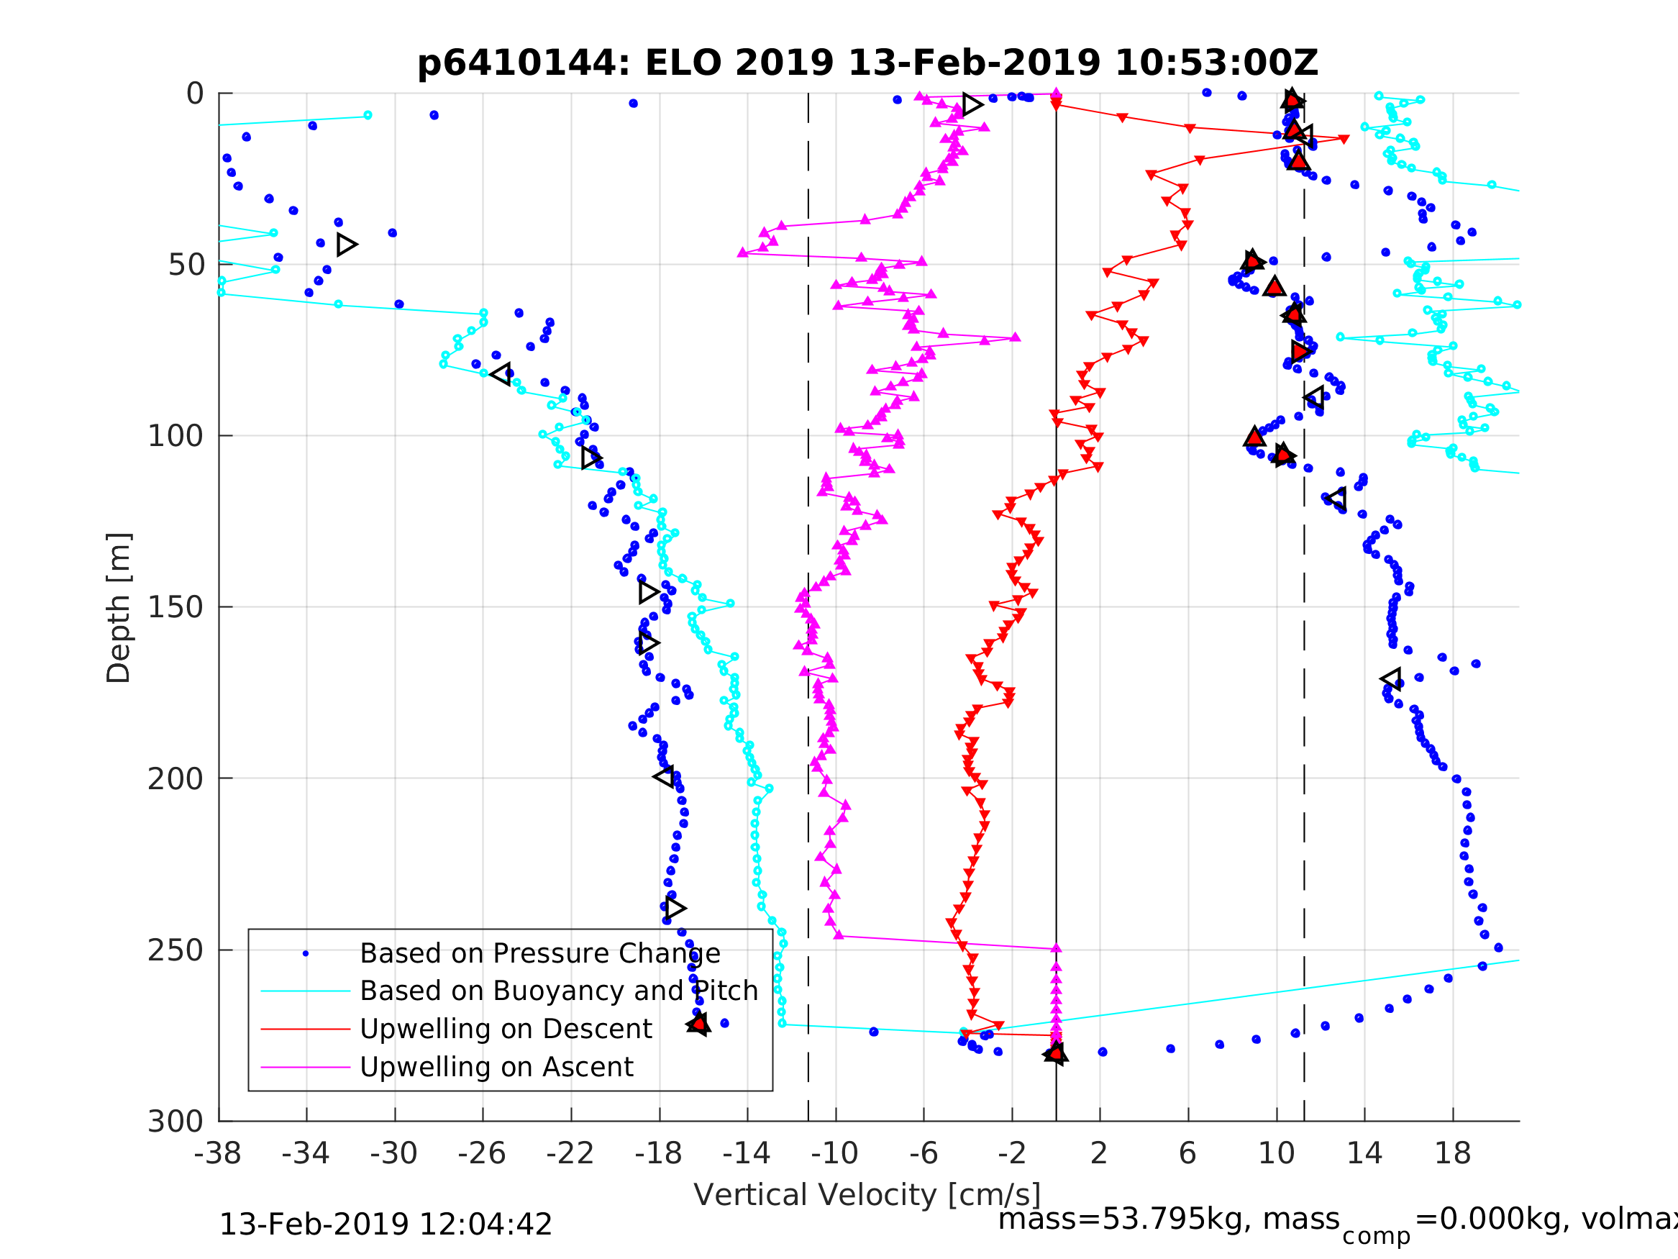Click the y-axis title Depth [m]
[x=119, y=607]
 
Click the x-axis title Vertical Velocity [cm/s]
[x=867, y=1194]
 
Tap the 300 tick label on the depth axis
[x=175, y=1122]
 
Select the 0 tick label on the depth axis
[x=195, y=94]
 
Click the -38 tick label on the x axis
[x=218, y=1153]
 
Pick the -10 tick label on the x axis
[x=834, y=1153]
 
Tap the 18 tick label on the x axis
[x=1452, y=1153]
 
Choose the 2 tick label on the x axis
[x=1099, y=1153]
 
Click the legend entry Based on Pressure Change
[x=539, y=953]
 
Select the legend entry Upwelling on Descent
[x=505, y=1029]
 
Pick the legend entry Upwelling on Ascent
[x=496, y=1067]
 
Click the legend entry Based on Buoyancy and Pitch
[x=558, y=991]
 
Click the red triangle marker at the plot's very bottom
[x=1055, y=1053]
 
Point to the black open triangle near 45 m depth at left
[x=347, y=245]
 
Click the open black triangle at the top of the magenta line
[x=972, y=104]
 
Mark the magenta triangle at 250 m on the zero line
[x=1056, y=949]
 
